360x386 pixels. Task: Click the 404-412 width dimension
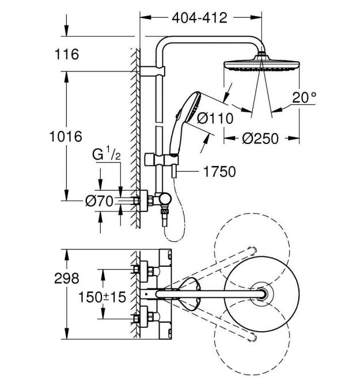pyautogui.click(x=199, y=18)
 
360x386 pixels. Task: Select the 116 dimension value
pyautogui.click(x=67, y=54)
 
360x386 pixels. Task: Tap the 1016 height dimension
pyautogui.click(x=66, y=137)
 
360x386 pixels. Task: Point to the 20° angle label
pyautogui.click(x=304, y=97)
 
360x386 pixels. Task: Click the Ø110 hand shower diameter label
pyautogui.click(x=215, y=118)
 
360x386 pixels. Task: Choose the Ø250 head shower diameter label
pyautogui.click(x=260, y=138)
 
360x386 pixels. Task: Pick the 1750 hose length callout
pyautogui.click(x=219, y=171)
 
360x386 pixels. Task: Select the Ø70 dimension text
pyautogui.click(x=99, y=201)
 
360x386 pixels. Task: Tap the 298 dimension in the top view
pyautogui.click(x=67, y=278)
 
